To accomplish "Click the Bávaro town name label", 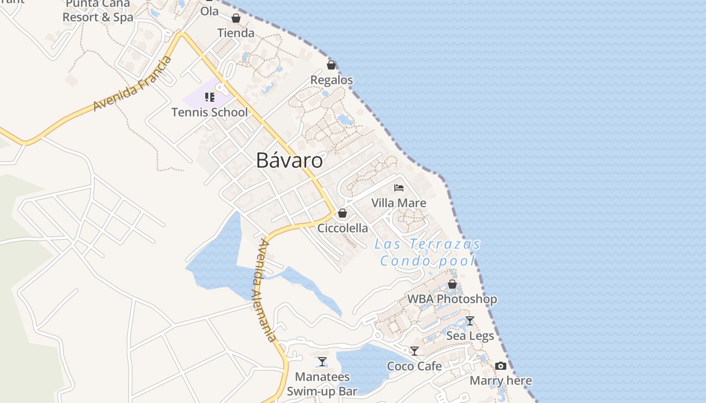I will (289, 160).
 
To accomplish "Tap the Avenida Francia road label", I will (133, 84).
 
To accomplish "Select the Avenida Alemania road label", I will (266, 291).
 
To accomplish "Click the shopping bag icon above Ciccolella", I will (342, 213).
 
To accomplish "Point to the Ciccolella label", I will (342, 228).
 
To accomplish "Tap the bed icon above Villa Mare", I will (399, 188).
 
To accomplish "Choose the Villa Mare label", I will (398, 203).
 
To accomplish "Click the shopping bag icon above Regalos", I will (331, 65).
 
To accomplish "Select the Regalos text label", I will (331, 80).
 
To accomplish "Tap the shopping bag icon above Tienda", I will (236, 19).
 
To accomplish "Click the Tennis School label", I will (210, 112).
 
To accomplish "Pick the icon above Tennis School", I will (210, 97).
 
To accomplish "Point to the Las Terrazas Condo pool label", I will (428, 252).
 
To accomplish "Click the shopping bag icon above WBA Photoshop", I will (452, 284).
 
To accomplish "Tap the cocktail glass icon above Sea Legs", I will (470, 320).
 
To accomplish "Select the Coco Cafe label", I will (414, 366).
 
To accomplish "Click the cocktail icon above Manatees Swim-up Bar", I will (322, 361).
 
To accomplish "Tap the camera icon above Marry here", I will (500, 366).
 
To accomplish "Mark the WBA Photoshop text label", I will (452, 299).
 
